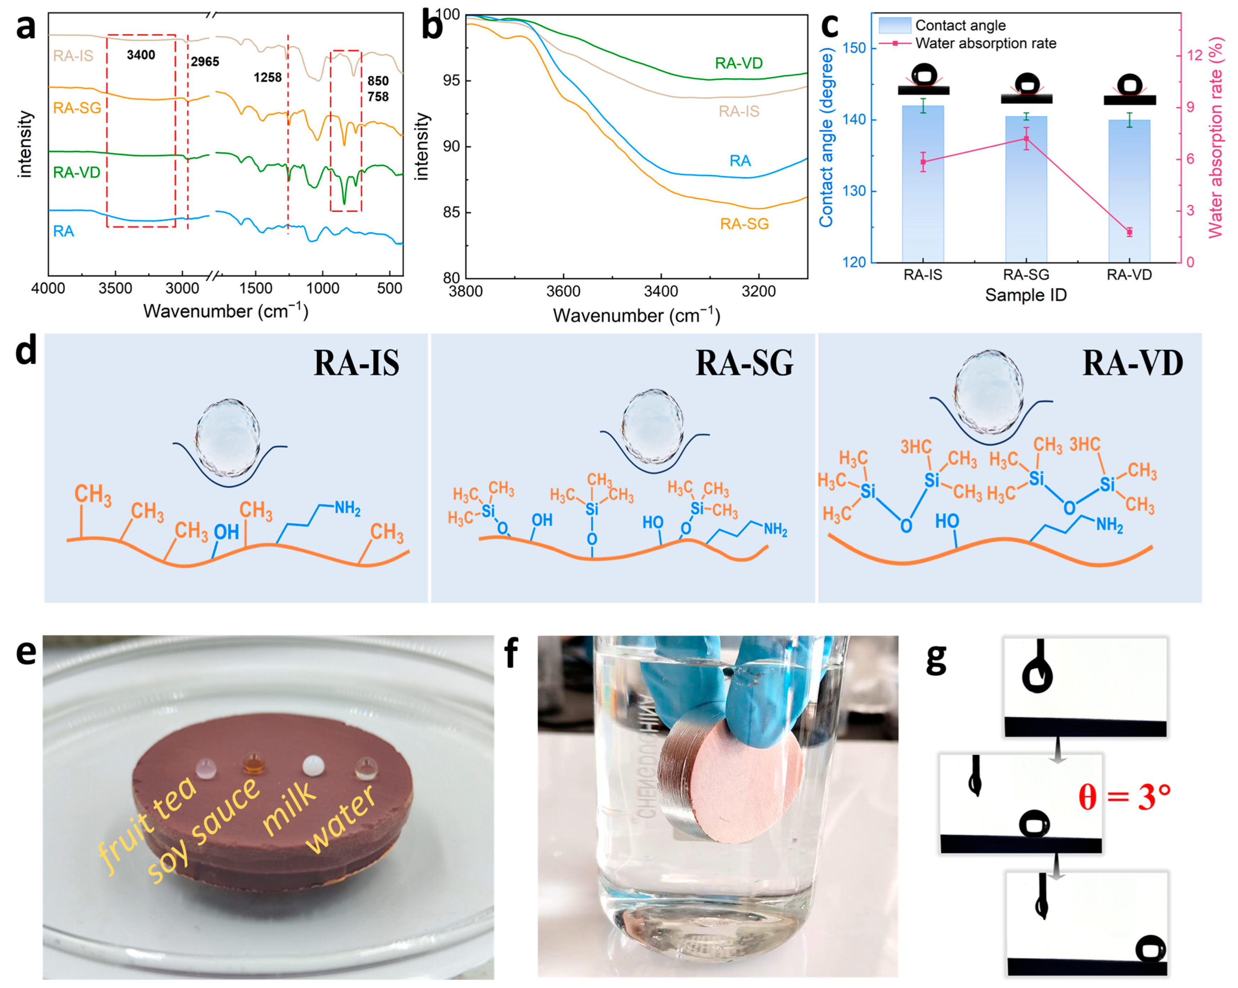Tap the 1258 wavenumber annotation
(267, 77)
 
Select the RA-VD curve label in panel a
(76, 172)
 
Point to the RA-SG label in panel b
(744, 224)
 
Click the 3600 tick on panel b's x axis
(563, 292)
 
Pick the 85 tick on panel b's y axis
(451, 212)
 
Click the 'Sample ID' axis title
(1026, 295)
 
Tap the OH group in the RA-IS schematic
(226, 532)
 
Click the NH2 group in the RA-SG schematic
(775, 529)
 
